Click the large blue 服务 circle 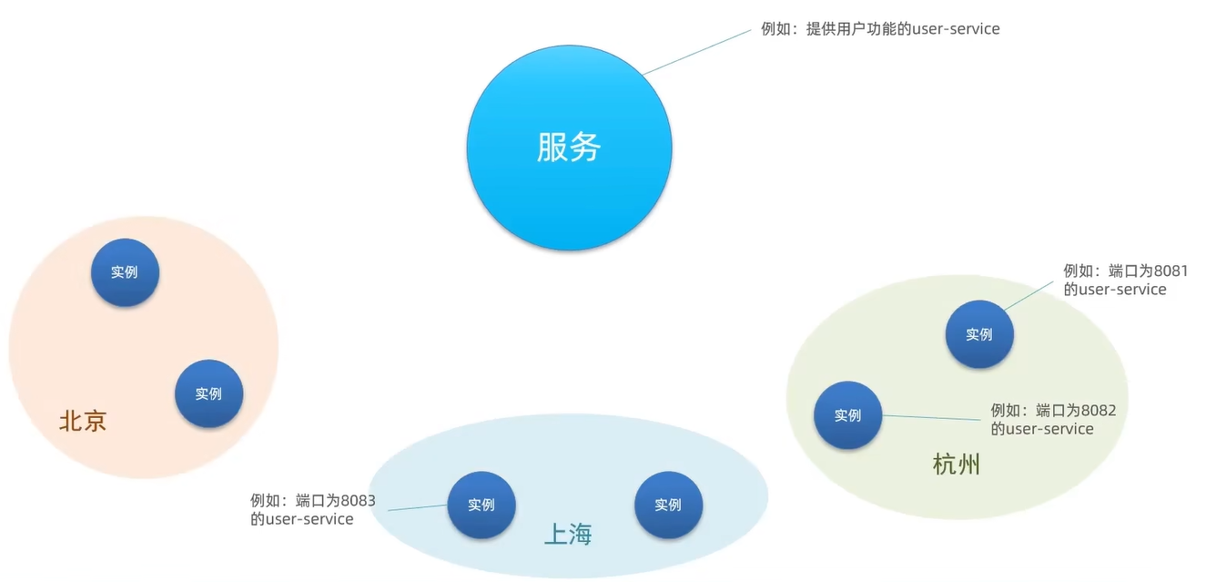[x=569, y=148]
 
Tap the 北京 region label [x=83, y=421]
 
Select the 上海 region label [x=567, y=535]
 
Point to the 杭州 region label [x=957, y=465]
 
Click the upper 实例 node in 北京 [x=125, y=272]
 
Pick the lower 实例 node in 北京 [x=208, y=393]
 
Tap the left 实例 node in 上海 [x=481, y=505]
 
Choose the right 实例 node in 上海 [x=668, y=505]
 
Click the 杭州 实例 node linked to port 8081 [x=979, y=334]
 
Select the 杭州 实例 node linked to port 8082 [x=847, y=415]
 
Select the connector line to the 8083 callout [x=418, y=507]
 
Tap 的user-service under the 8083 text [x=302, y=519]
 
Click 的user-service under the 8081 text [x=1115, y=290]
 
